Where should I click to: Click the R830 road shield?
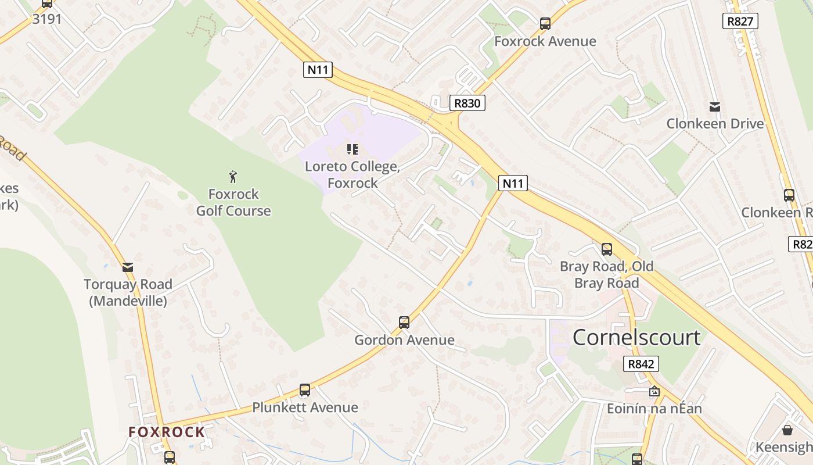pos(467,103)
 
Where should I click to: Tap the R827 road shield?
pos(740,22)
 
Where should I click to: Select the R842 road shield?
pos(641,364)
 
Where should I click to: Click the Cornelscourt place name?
pos(636,338)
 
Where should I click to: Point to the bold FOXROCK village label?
pos(167,432)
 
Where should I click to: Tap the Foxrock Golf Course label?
pos(233,202)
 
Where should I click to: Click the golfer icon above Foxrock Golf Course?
pos(233,177)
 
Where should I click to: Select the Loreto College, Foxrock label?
pos(352,174)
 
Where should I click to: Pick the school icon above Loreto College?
pos(352,149)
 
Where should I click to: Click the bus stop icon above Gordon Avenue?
pos(404,322)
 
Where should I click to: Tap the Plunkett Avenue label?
pos(305,407)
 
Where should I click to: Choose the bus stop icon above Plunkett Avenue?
pos(305,390)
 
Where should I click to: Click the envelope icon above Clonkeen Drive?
pos(714,107)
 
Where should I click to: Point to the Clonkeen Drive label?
pos(715,124)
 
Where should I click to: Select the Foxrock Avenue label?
pos(545,41)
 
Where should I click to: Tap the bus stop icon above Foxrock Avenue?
pos(545,24)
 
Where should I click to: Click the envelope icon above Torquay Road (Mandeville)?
pos(128,267)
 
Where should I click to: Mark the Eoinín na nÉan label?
pos(654,409)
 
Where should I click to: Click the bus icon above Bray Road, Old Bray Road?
pos(607,249)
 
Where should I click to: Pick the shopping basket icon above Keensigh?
pos(787,430)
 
